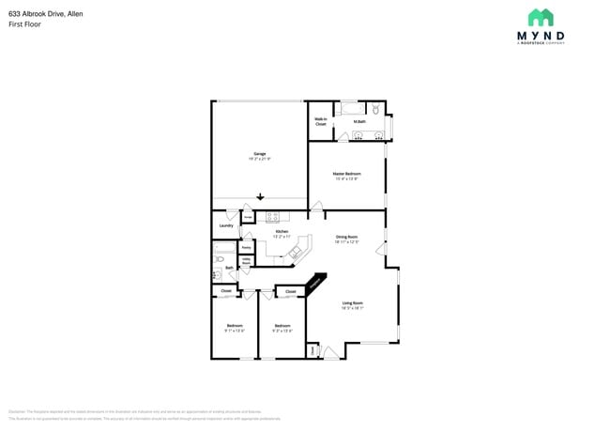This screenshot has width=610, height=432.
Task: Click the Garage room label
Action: click(x=259, y=156)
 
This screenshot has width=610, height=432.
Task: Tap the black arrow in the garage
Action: click(x=261, y=196)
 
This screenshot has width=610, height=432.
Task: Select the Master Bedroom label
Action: click(x=346, y=176)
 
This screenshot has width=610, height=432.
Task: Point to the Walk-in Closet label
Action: click(x=320, y=121)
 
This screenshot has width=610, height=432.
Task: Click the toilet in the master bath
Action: click(x=375, y=109)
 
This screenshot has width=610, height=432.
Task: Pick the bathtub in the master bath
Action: click(x=352, y=108)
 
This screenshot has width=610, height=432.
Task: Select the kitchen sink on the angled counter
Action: click(x=299, y=252)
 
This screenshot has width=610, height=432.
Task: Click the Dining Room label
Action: click(x=347, y=239)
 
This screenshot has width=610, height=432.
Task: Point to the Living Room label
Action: click(x=352, y=304)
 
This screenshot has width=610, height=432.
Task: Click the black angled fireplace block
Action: click(x=316, y=283)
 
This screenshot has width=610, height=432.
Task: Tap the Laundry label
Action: click(x=226, y=225)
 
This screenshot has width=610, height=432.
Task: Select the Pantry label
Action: click(x=246, y=248)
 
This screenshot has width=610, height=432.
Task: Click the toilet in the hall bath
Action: click(x=217, y=274)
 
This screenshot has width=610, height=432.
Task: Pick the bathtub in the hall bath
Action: click(x=224, y=254)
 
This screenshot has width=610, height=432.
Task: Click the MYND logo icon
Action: click(x=540, y=18)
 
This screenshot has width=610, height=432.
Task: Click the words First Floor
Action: click(x=25, y=24)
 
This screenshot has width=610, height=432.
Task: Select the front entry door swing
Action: click(x=329, y=353)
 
